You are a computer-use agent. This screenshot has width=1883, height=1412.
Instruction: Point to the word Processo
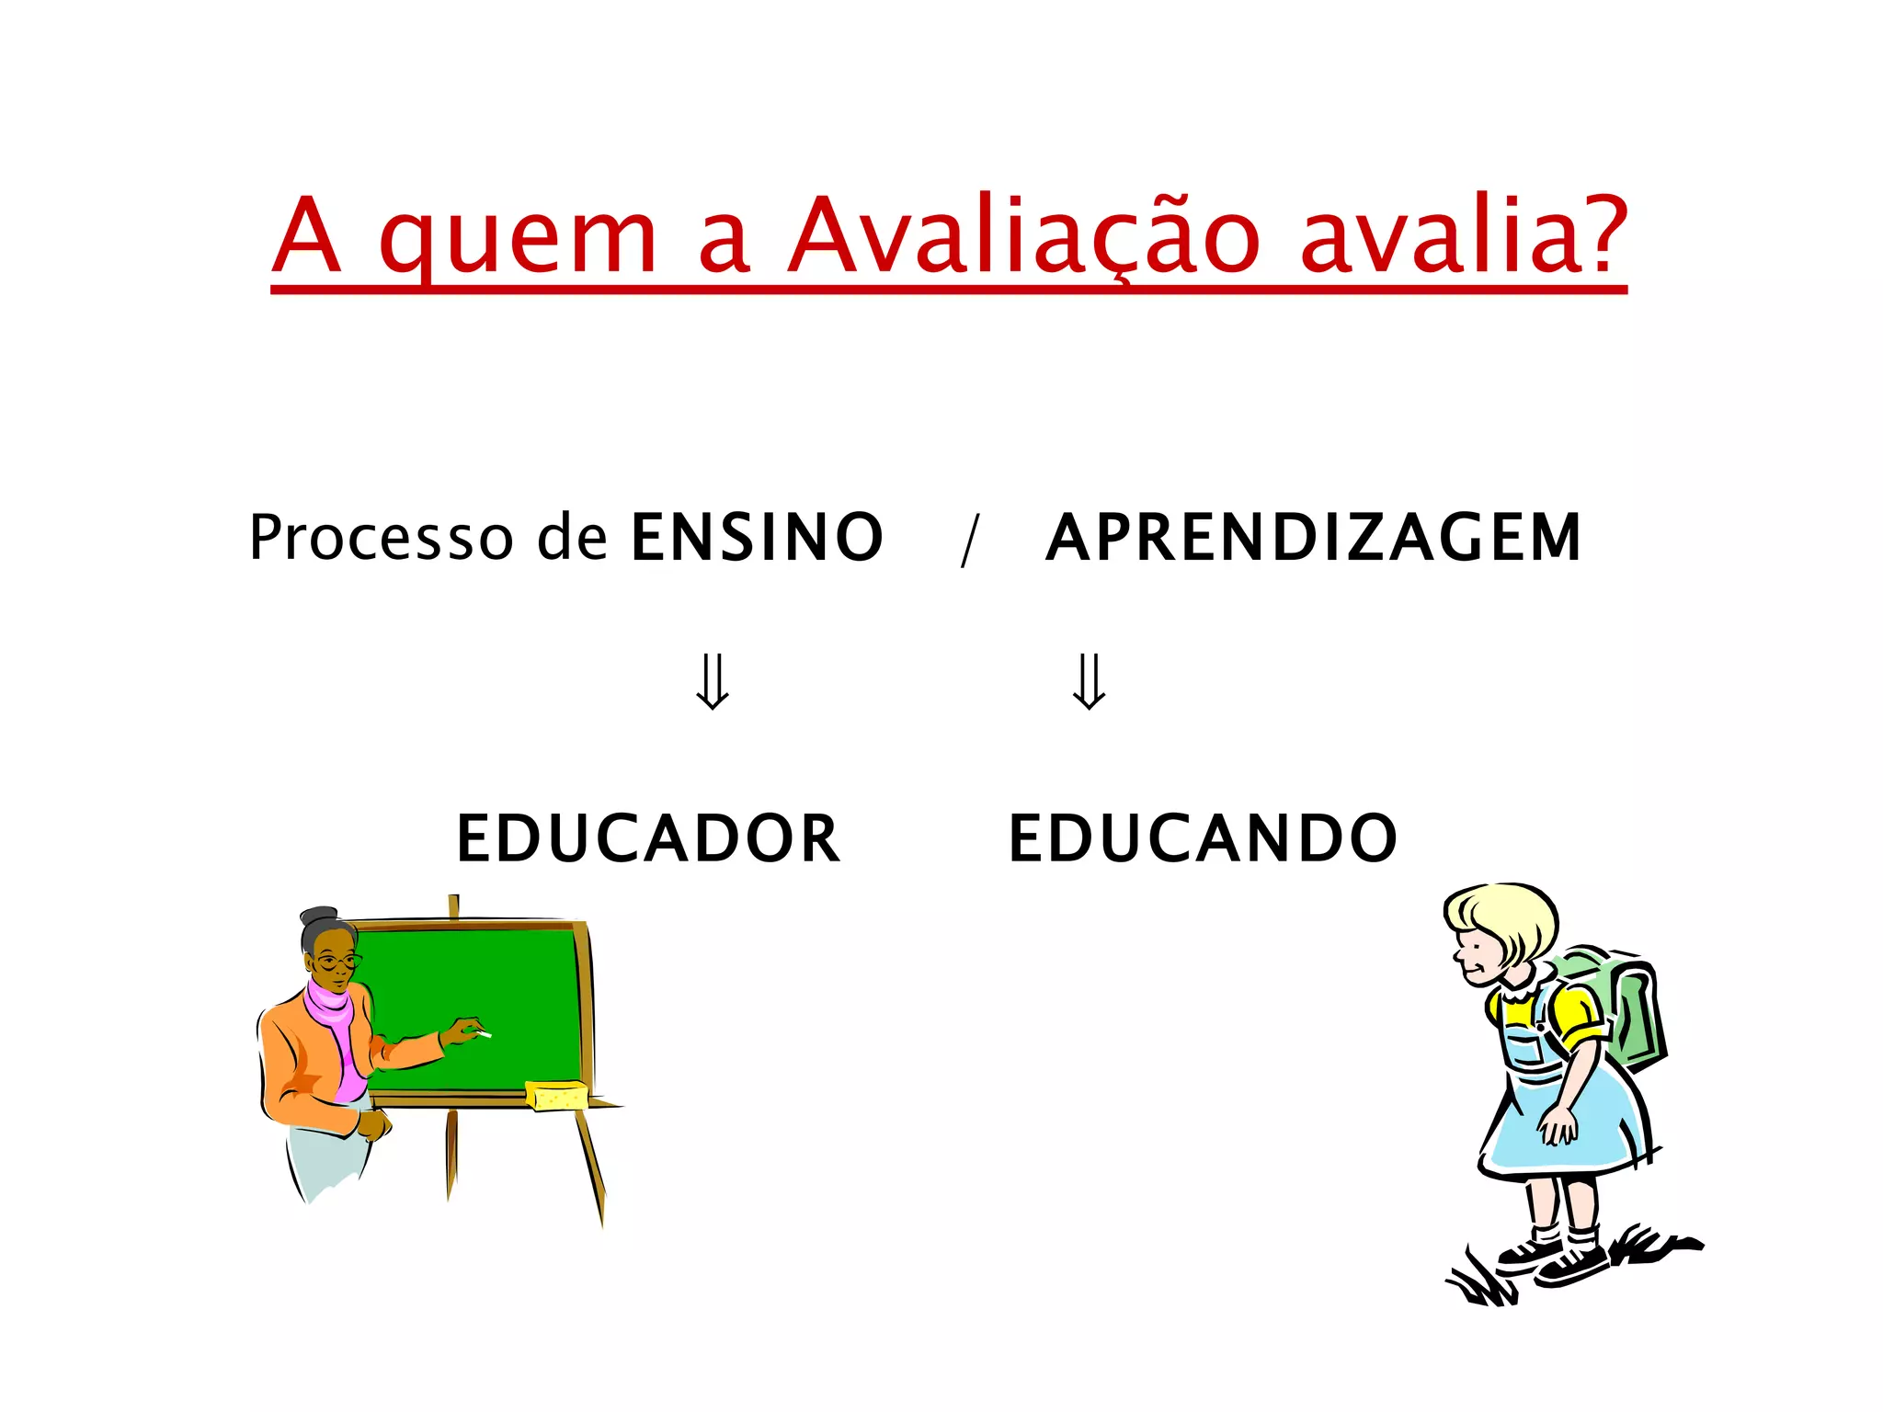click(381, 538)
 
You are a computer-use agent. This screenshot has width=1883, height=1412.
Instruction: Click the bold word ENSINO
click(757, 538)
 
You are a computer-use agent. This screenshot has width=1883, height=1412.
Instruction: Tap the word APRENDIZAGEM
click(1314, 538)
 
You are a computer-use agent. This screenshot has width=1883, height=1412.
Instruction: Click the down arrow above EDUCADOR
click(713, 681)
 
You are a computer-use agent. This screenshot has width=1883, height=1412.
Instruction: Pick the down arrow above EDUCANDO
click(1090, 681)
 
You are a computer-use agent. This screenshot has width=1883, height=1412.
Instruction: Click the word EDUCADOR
click(648, 838)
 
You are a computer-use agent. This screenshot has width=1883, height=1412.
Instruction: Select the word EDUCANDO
click(1203, 838)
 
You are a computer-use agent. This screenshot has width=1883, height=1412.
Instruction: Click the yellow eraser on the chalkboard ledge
click(555, 1095)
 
